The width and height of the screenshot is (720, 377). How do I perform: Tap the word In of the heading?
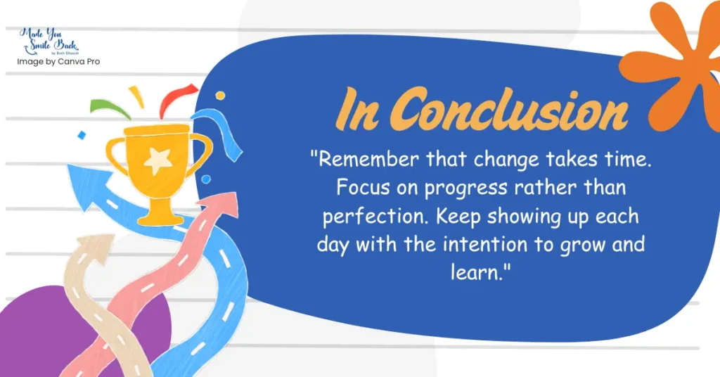coord(357,109)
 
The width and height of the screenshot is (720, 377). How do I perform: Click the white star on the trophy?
coord(157,161)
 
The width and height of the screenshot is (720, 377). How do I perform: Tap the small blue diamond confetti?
coord(82,135)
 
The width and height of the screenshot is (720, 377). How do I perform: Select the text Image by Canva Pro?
coord(58,61)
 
